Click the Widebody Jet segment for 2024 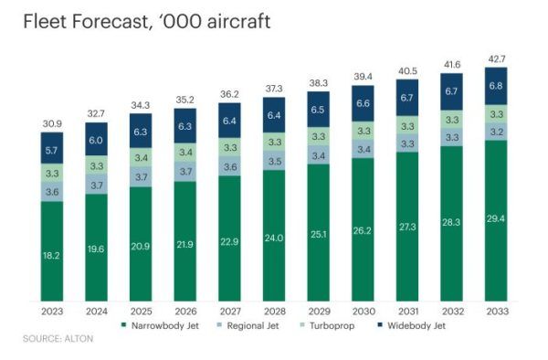97,140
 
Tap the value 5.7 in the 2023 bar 52,149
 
